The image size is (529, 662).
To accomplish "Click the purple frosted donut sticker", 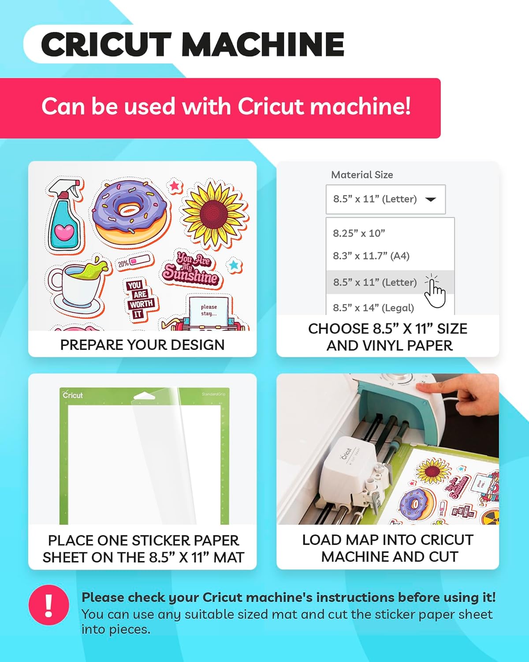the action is tap(130, 213).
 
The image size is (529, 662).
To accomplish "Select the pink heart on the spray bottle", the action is tap(65, 232).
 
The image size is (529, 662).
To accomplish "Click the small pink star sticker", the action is tap(175, 185).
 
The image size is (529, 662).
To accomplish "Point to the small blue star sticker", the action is tap(234, 264).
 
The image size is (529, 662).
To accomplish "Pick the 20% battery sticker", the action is tap(134, 262).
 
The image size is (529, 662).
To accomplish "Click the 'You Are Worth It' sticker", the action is tap(140, 299).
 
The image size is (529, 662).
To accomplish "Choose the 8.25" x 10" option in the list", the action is tap(359, 233).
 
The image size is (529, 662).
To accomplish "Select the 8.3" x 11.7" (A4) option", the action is tap(371, 256).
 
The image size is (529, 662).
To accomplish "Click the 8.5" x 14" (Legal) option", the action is tap(373, 308).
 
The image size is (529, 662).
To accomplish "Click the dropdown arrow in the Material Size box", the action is tap(430, 199).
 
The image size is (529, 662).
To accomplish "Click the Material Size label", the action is tap(362, 175).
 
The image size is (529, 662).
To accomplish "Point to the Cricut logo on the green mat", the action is tap(73, 395).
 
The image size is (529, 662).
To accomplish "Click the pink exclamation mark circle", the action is tap(48, 605).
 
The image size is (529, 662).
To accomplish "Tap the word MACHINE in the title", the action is tap(263, 44).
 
